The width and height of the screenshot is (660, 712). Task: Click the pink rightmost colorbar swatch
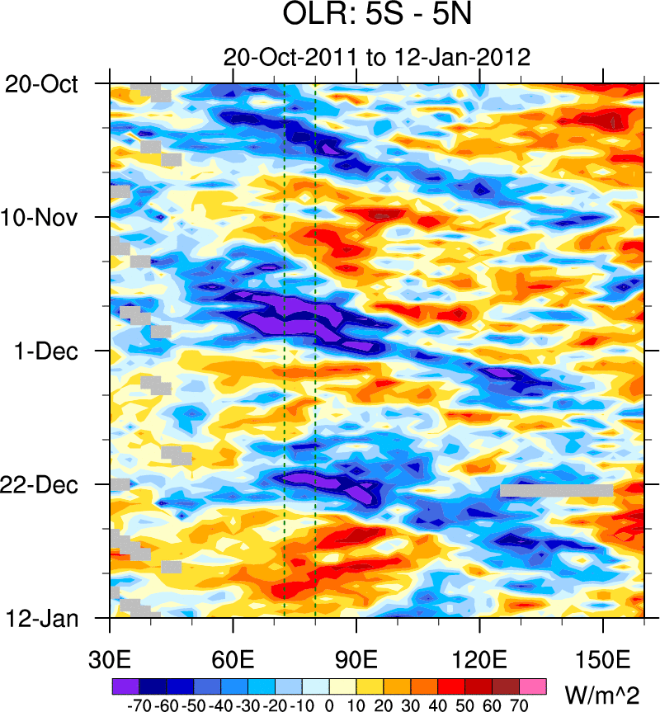coord(533,686)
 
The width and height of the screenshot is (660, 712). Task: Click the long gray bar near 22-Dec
coord(557,491)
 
